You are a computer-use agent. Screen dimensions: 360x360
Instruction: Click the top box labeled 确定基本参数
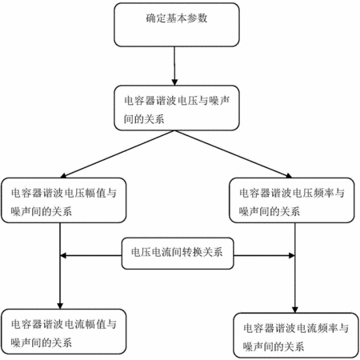point(177,25)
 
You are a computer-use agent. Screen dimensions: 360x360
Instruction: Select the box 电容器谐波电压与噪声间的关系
point(177,108)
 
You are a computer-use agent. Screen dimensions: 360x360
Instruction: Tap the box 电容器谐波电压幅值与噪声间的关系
point(63,200)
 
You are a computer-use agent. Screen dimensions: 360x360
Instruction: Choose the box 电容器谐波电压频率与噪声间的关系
point(292,200)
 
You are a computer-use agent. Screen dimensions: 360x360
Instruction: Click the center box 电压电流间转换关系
point(178,254)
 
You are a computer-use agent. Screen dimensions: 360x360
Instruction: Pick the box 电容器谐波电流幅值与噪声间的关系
point(63,332)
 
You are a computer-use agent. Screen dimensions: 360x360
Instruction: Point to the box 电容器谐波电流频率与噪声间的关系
point(296,335)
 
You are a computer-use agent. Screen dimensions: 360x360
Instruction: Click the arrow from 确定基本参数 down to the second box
point(174,66)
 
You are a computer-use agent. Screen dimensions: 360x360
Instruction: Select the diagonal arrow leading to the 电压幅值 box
point(118,154)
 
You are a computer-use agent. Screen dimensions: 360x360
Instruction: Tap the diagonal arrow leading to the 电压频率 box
point(233,154)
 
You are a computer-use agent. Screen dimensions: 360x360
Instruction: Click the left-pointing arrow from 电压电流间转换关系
point(91,256)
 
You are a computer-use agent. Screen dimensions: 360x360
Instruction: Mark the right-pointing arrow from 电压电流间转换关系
point(264,256)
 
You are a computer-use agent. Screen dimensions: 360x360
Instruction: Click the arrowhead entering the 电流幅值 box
point(60,306)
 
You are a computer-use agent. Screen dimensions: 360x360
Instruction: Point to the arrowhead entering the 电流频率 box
point(295,310)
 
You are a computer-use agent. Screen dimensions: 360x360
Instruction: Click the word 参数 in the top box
point(198,18)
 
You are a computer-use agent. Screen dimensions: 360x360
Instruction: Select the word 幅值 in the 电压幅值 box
point(96,193)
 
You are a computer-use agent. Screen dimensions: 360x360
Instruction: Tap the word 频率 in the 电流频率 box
point(328,328)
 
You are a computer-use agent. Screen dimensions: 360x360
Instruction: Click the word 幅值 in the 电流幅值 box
point(96,324)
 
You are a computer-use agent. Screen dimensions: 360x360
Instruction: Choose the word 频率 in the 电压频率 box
point(324,193)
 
